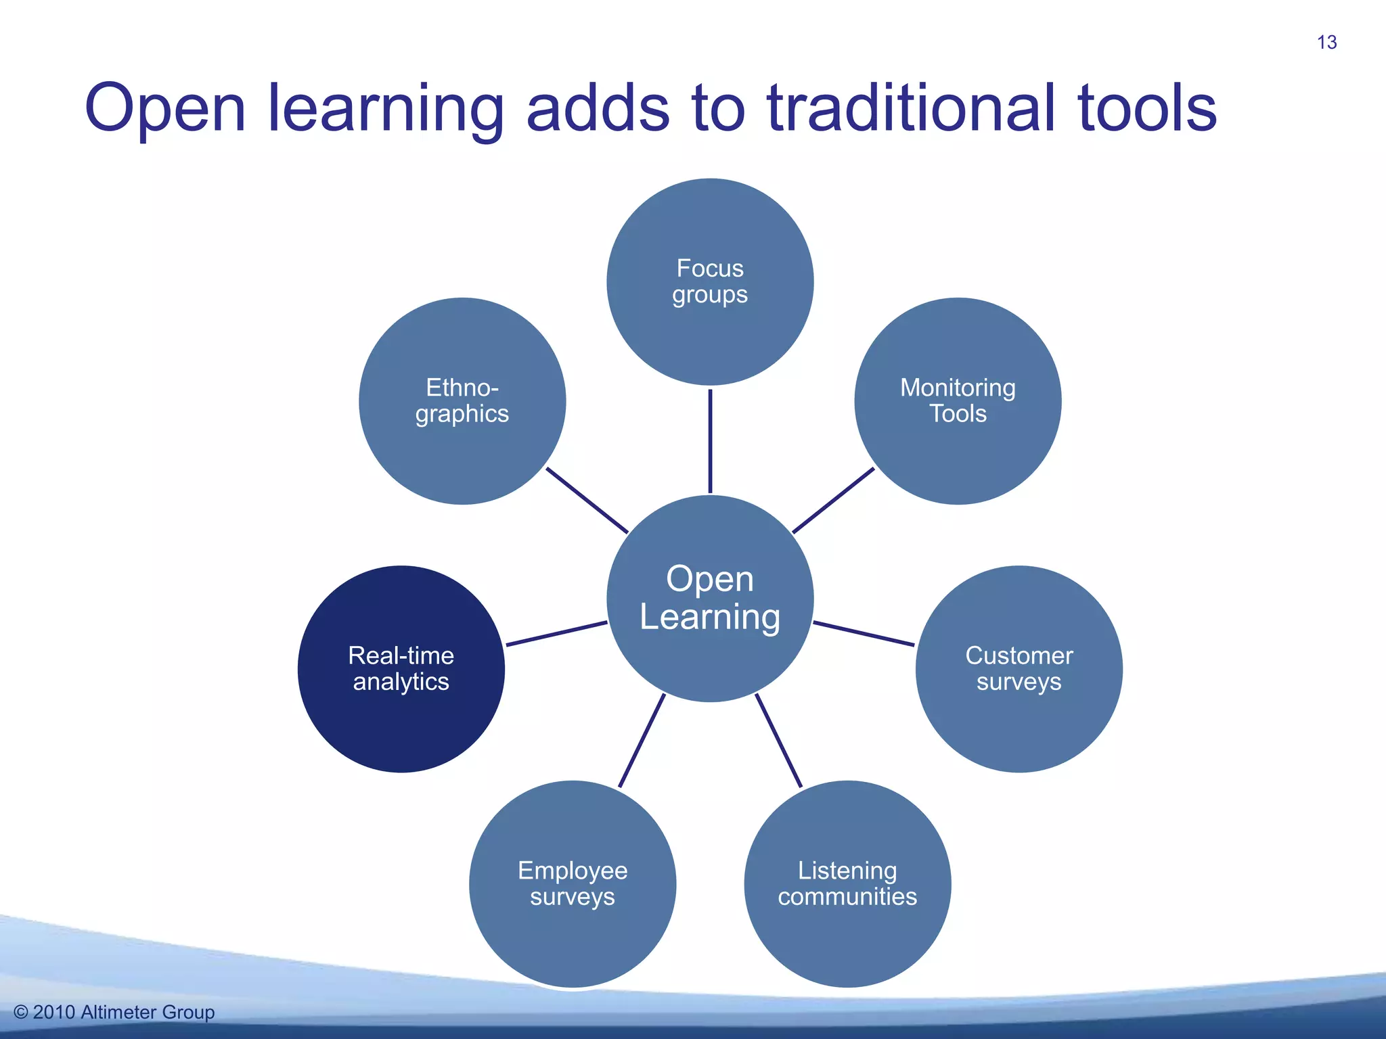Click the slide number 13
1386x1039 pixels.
coord(1326,43)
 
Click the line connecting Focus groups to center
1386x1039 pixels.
coord(710,440)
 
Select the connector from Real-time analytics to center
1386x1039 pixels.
coord(556,633)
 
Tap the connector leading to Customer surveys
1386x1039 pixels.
coord(864,633)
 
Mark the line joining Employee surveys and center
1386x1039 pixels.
coord(642,741)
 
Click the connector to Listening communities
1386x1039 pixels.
coord(778,741)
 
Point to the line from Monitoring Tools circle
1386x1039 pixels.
coord(833,501)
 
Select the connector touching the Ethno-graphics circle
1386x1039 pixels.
coord(587,501)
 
